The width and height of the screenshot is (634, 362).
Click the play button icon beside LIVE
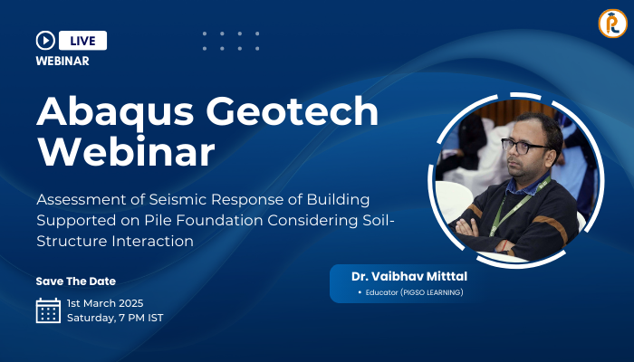click(45, 41)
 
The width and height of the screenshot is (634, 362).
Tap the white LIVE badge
click(83, 41)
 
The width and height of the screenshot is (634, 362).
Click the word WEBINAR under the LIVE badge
click(62, 61)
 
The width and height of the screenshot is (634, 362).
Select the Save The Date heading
click(76, 281)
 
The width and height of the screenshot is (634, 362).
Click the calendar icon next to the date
click(48, 310)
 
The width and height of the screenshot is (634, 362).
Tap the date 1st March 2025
click(105, 302)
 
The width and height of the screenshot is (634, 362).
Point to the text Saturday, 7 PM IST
click(115, 318)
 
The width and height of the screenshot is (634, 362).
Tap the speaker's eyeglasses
click(524, 146)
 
